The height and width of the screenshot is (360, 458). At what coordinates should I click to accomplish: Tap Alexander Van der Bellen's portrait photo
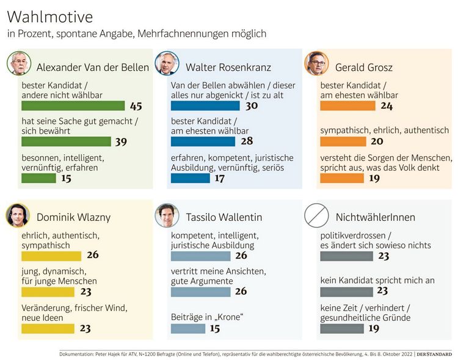tap(19, 63)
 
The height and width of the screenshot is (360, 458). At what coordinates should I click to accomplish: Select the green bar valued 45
tap(73, 106)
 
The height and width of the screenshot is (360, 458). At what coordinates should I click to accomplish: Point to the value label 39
tap(121, 142)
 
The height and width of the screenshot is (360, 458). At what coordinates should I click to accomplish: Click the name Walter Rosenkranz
tap(219, 67)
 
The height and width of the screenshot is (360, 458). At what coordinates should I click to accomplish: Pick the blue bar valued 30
tap(205, 106)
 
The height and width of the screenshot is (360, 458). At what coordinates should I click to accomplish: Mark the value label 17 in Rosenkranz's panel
tap(219, 179)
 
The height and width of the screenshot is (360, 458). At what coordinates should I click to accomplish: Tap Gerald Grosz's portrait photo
tap(316, 63)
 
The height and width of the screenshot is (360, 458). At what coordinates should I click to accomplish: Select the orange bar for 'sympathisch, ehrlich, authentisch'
tap(343, 142)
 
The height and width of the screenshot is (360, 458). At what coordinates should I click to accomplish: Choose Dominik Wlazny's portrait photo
tap(18, 214)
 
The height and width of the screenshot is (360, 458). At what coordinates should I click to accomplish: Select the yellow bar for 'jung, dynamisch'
tap(47, 292)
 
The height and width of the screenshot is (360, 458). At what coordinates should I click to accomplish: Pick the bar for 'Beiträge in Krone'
tap(187, 328)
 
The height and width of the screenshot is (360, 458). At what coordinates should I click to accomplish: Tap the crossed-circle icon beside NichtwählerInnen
tap(316, 214)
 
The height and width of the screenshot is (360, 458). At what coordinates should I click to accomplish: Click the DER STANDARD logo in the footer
tap(434, 353)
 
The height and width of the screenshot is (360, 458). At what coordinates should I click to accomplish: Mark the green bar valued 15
tap(38, 178)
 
